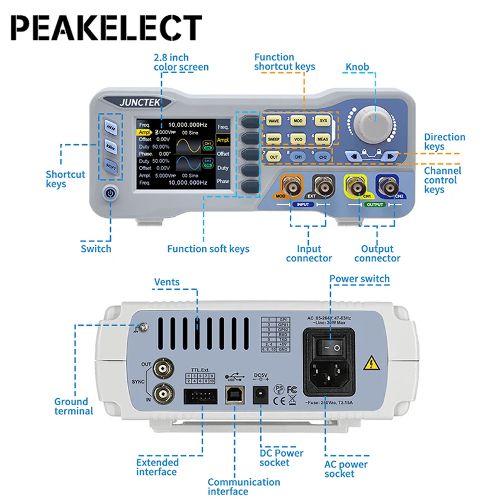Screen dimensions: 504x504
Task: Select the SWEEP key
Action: (x=273, y=138)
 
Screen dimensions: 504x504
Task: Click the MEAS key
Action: (x=323, y=138)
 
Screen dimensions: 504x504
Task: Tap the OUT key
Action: (x=273, y=156)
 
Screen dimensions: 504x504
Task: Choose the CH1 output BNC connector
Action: (x=353, y=186)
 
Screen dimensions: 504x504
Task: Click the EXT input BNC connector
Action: (x=324, y=186)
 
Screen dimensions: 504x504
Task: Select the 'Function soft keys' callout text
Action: (x=208, y=249)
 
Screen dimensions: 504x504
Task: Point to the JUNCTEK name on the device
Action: (x=139, y=100)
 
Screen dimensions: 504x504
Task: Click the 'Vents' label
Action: (x=167, y=282)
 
